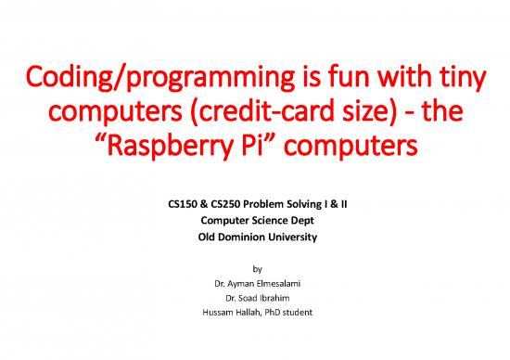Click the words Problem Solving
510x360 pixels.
pos(277,200)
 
